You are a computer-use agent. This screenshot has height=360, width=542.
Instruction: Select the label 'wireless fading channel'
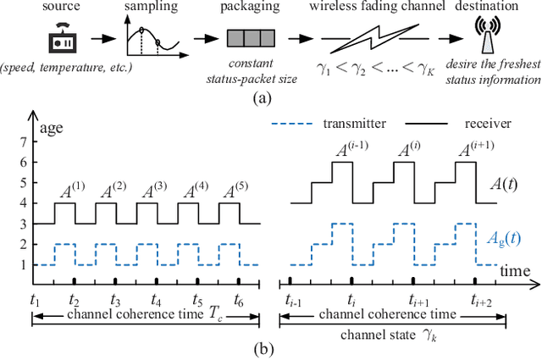[x=364, y=8]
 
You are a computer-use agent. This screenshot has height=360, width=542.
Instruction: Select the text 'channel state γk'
[x=386, y=334]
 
